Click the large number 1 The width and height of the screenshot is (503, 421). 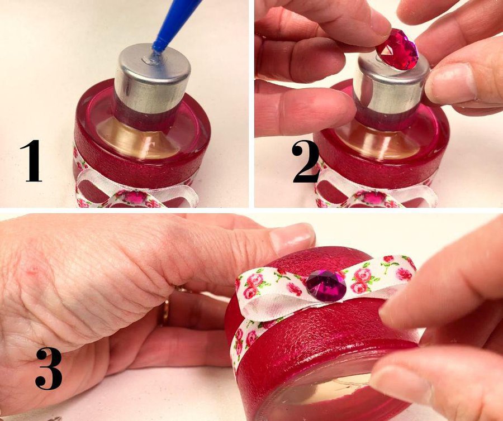(x=31, y=161)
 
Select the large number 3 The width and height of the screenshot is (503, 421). (x=49, y=369)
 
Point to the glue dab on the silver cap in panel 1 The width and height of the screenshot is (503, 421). (x=150, y=59)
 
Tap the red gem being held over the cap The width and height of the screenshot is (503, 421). (x=397, y=49)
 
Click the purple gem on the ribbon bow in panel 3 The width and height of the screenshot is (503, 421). (x=326, y=285)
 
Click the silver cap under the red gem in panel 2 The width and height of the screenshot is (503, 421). (x=391, y=87)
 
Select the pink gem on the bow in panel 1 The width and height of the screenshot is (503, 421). (x=135, y=197)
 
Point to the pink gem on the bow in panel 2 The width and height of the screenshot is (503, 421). (x=373, y=197)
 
